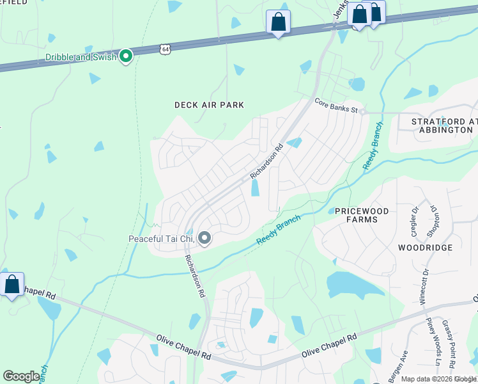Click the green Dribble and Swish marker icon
(x=126, y=57)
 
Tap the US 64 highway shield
(x=165, y=49)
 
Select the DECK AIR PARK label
(x=209, y=105)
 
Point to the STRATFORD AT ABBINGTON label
(x=442, y=125)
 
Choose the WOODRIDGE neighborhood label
(x=425, y=247)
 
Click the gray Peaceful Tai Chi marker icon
(x=204, y=239)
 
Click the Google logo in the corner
(x=21, y=376)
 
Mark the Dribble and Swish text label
(x=81, y=57)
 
